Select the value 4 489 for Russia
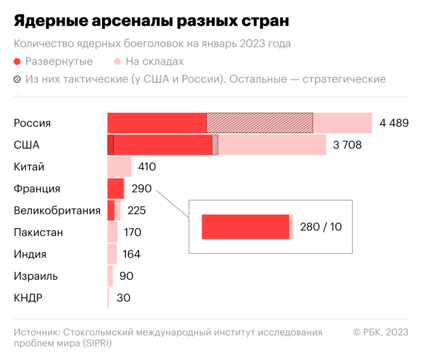(x=394, y=123)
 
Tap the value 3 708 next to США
(x=347, y=145)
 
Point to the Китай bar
(x=119, y=167)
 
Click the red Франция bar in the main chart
(x=115, y=188)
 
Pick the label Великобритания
(x=56, y=211)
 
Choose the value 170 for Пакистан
(x=132, y=232)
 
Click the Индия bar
(x=112, y=254)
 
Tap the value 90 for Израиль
(x=126, y=276)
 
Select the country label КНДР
(x=29, y=298)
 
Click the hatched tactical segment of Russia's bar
(x=259, y=123)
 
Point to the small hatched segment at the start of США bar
(x=110, y=145)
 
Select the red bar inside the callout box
(x=245, y=227)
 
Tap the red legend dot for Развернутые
(x=17, y=62)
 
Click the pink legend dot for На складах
(x=117, y=62)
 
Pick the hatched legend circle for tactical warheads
(x=17, y=80)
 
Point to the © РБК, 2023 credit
(x=380, y=332)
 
